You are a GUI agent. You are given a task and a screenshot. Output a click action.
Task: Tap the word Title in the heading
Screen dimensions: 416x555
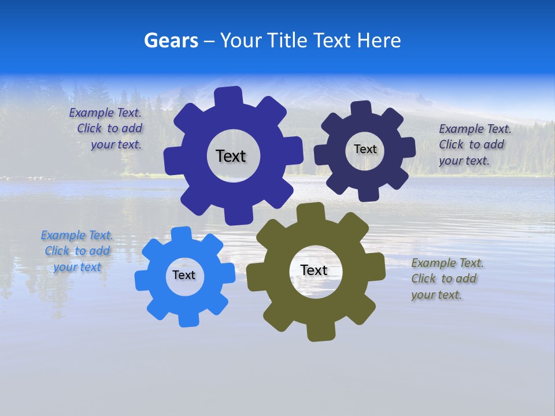(285, 40)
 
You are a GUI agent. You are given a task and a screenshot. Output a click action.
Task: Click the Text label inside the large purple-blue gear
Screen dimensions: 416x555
(231, 156)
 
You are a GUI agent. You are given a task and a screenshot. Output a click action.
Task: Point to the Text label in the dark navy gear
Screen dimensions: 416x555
(365, 149)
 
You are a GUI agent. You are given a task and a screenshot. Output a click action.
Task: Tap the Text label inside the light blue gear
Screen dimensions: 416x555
(184, 275)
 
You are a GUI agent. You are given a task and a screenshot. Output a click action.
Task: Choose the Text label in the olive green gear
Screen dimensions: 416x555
(314, 270)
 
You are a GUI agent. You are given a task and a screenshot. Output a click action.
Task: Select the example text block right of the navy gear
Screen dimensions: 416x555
(474, 144)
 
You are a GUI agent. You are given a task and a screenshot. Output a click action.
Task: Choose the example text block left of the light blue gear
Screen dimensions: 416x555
(77, 251)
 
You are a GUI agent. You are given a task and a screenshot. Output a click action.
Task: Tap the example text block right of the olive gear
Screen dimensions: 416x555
(446, 278)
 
